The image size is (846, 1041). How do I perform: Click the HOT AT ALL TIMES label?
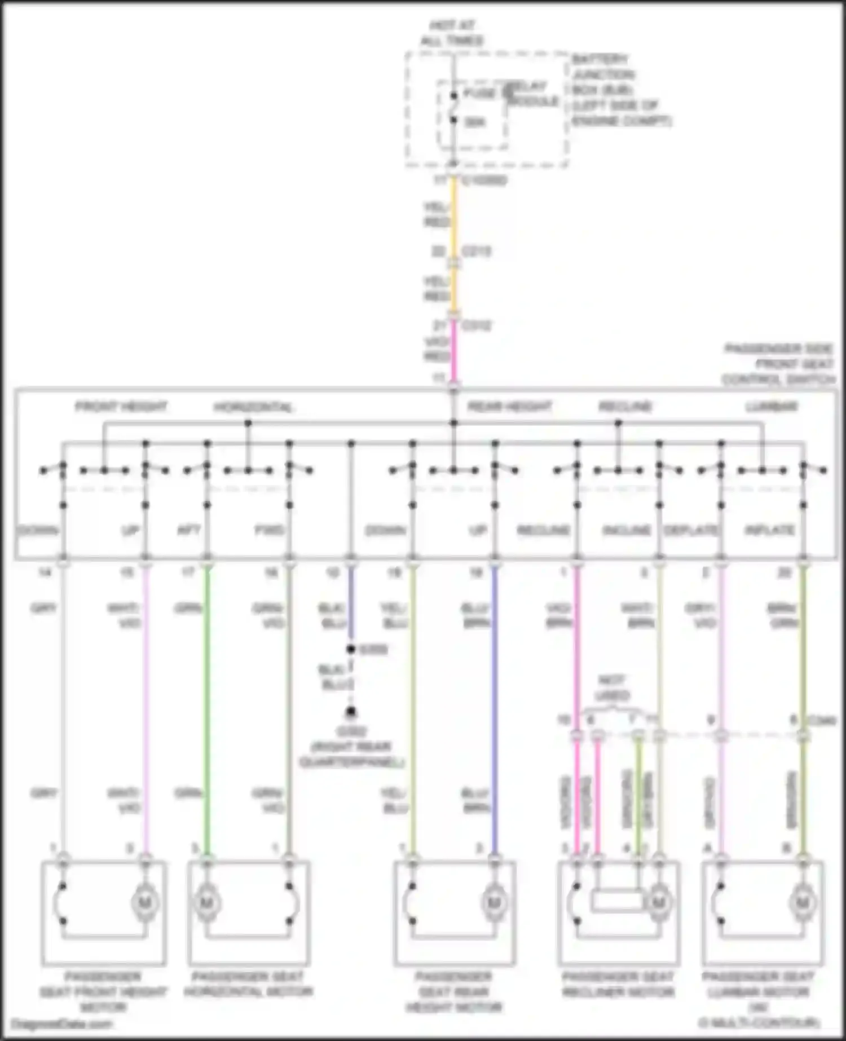[x=452, y=33]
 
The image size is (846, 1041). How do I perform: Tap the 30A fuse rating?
[x=475, y=122]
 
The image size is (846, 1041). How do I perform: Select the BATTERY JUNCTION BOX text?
[x=620, y=90]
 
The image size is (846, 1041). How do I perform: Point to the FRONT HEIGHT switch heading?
[x=121, y=407]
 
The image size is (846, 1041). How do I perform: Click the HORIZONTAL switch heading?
[x=253, y=407]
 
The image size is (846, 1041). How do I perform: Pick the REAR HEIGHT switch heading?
[x=509, y=407]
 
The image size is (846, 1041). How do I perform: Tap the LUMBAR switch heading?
[x=771, y=407]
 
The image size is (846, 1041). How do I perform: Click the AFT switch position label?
[x=189, y=531]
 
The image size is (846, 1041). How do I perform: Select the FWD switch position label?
[x=269, y=531]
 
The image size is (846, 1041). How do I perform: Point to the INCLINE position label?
[x=627, y=531]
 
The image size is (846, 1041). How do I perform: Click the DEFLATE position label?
[x=691, y=531]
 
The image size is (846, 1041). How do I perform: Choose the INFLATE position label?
[x=770, y=531]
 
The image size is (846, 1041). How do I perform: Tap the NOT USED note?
[x=612, y=688]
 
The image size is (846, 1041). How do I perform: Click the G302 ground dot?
[x=351, y=712]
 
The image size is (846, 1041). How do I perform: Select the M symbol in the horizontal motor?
[x=206, y=903]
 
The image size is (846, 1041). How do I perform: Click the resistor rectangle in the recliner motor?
[x=618, y=901]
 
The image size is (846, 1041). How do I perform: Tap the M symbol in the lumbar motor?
[x=802, y=903]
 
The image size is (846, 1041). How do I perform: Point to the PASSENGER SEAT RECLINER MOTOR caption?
[x=618, y=984]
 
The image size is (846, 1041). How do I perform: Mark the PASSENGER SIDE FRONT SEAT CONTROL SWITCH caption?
[x=778, y=364]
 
